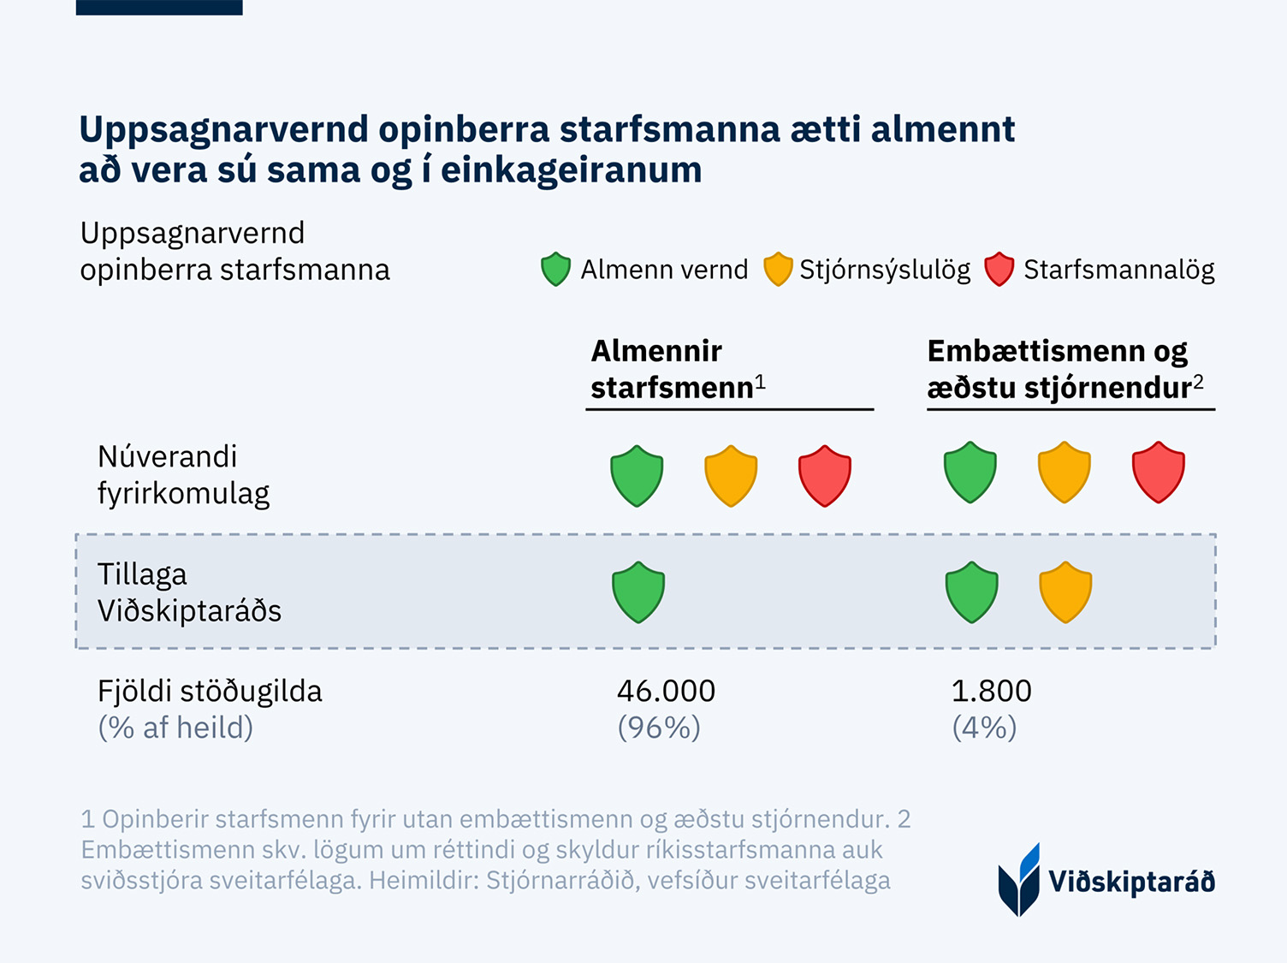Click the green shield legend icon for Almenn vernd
click(555, 270)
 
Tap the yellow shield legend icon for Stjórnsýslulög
click(778, 270)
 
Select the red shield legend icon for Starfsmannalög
click(999, 270)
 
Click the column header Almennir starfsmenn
click(677, 369)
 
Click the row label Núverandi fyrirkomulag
click(183, 475)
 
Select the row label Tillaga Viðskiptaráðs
click(189, 592)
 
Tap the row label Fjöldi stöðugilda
click(210, 692)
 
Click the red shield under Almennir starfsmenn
click(825, 476)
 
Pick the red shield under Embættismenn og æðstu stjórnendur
click(1158, 473)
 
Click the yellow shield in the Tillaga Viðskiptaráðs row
click(1065, 592)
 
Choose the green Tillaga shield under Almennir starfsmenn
click(638, 592)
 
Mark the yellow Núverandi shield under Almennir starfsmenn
click(731, 476)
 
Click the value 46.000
click(666, 692)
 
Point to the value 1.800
click(991, 692)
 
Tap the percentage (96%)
click(659, 728)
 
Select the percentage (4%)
click(984, 728)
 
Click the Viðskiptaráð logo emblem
click(1019, 880)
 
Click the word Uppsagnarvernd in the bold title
click(223, 130)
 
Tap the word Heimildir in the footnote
click(423, 881)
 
